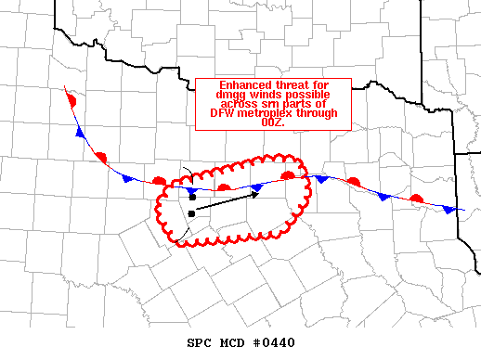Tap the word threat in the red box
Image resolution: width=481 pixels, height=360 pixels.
302,85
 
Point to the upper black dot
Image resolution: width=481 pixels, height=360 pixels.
191,198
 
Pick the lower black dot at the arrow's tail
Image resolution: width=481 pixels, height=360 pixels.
191,213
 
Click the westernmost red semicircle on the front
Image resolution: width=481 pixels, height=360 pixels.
70,98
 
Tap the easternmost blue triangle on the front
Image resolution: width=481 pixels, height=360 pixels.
450,211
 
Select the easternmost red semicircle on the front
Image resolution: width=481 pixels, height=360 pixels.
417,199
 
